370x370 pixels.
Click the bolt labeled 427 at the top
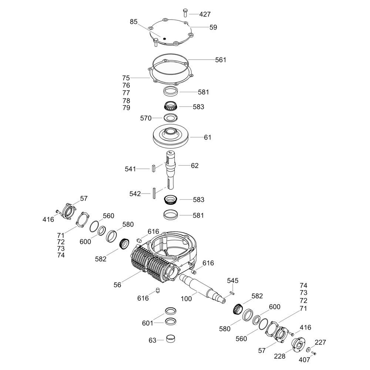tap(185, 13)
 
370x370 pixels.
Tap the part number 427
tap(205, 14)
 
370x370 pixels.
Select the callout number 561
tap(221, 60)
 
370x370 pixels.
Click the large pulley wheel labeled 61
tap(171, 137)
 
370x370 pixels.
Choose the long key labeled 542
tap(154, 193)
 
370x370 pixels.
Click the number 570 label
tap(146, 118)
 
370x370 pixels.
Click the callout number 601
tap(148, 323)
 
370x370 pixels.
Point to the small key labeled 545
tap(232, 293)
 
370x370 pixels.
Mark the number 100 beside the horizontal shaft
tap(186, 299)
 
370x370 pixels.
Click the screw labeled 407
tap(314, 353)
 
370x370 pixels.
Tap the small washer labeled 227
tap(309, 349)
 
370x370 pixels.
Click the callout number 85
tap(134, 22)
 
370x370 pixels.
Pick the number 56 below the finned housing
tap(117, 285)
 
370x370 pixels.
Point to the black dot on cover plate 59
tap(165, 39)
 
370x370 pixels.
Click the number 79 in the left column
tap(126, 108)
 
